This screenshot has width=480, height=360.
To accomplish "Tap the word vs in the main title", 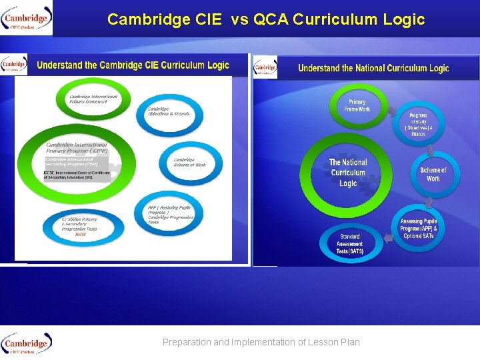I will click(x=239, y=19).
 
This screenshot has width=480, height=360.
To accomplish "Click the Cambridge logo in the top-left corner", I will click(x=27, y=18).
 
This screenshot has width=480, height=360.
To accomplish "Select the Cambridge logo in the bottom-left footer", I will click(x=27, y=344).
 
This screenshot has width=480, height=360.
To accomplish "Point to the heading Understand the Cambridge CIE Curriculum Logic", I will click(x=133, y=65).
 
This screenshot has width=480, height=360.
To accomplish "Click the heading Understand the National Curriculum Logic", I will click(x=373, y=68).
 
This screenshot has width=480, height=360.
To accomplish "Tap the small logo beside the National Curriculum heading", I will click(x=265, y=67).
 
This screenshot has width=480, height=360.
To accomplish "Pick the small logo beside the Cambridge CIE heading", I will click(x=14, y=65).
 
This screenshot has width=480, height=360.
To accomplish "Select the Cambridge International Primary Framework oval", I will click(x=93, y=99).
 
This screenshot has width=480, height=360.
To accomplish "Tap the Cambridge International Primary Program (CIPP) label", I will click(x=77, y=147).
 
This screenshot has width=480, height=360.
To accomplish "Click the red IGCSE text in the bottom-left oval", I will click(x=81, y=235).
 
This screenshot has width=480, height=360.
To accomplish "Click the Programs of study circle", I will click(x=417, y=124).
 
